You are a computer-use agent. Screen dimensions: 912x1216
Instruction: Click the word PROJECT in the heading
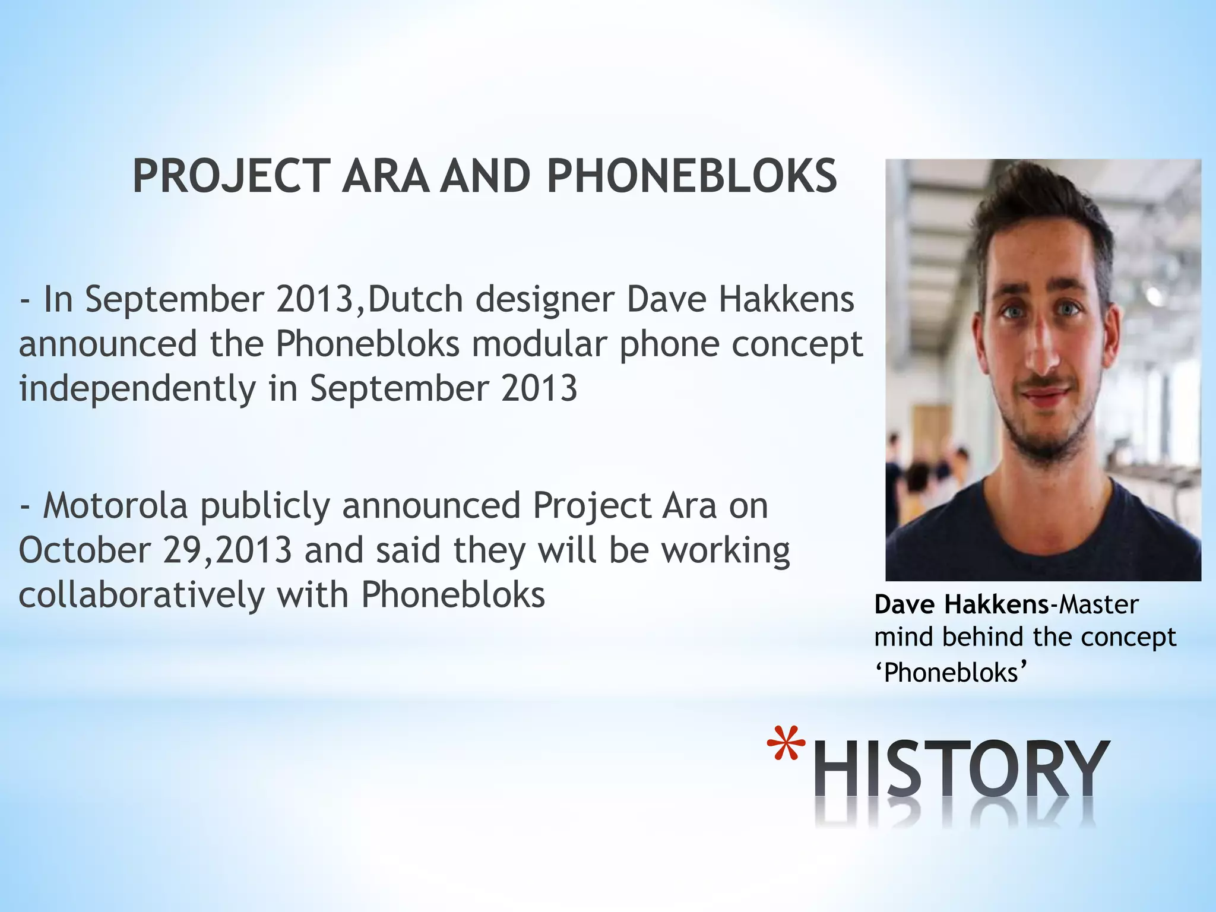tap(231, 176)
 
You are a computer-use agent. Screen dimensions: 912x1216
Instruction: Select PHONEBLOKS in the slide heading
tap(692, 176)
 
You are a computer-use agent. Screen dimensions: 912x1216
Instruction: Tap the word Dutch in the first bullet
tap(415, 299)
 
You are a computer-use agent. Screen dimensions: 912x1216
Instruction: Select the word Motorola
tap(115, 506)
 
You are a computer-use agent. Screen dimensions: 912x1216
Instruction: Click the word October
tap(84, 550)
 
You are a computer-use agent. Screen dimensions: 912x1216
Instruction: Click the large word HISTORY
tap(959, 770)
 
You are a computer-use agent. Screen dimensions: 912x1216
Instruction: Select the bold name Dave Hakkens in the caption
tap(961, 604)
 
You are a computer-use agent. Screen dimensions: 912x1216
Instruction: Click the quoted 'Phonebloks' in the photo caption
tap(951, 673)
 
